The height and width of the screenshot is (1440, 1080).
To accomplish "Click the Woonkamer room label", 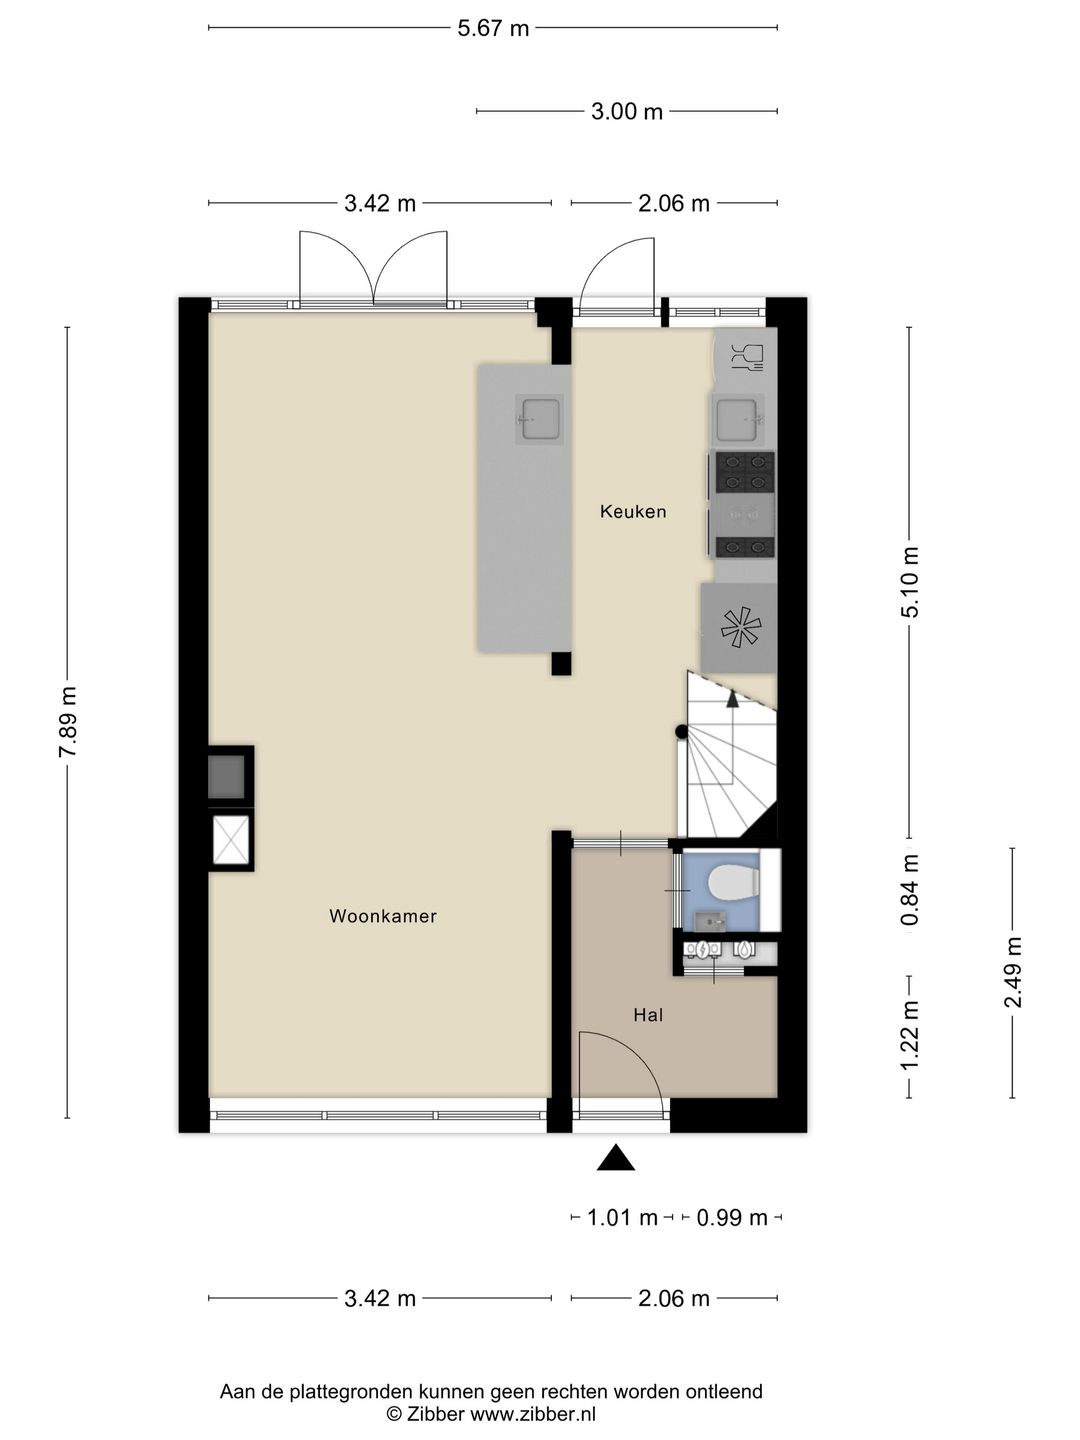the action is tap(382, 916).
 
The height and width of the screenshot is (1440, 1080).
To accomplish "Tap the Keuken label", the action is tap(633, 511).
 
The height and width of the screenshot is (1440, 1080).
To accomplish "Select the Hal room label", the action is tap(648, 1015).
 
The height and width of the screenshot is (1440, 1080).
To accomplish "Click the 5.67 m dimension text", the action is tap(493, 28).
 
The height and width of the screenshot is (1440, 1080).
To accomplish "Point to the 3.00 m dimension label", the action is tap(627, 112).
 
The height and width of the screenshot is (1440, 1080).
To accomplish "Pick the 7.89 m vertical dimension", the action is tap(68, 722).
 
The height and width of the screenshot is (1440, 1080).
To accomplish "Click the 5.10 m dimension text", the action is tap(910, 582).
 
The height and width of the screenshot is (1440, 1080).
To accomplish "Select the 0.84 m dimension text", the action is tap(910, 890).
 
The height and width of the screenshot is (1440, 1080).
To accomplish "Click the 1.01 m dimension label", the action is tap(622, 1218).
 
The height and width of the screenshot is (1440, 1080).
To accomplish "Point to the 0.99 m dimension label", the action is tap(732, 1218).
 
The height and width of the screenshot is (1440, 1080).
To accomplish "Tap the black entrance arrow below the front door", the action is tap(615, 1158).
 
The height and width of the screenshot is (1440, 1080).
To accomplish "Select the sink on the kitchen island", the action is tap(539, 418).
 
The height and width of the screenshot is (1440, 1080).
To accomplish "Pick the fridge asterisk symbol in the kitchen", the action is tap(739, 628).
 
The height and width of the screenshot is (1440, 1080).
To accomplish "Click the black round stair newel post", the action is tap(682, 731).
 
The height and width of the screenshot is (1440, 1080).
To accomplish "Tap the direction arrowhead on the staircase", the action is tap(732, 699).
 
